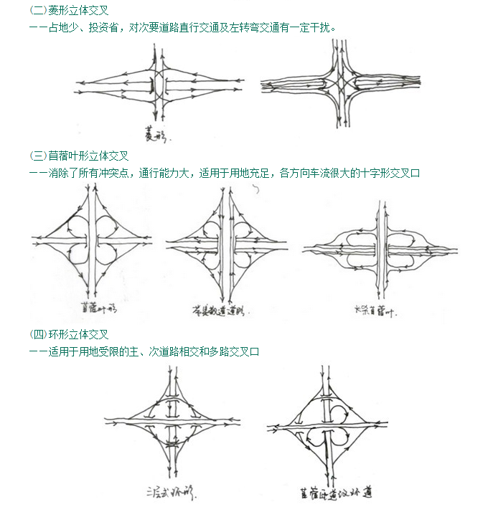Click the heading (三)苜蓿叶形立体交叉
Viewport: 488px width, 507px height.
pyautogui.click(x=79, y=156)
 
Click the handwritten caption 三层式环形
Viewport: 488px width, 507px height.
pyautogui.click(x=170, y=493)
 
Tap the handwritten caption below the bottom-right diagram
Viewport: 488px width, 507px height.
pyautogui.click(x=335, y=493)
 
